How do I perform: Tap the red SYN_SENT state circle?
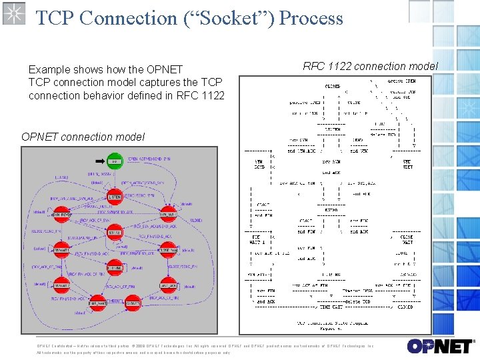point(167,214)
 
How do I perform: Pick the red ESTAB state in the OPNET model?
point(115,232)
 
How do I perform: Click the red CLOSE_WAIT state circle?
point(167,249)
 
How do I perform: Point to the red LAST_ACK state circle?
point(167,285)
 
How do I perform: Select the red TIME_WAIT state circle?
point(97,303)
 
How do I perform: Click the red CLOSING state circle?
point(115,267)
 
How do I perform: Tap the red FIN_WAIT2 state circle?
point(61,285)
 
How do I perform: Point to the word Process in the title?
point(311,18)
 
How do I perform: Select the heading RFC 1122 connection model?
point(370,66)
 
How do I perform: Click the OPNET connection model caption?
point(83,137)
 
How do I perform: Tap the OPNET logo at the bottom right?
point(439,347)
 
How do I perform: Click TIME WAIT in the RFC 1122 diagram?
point(331,307)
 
